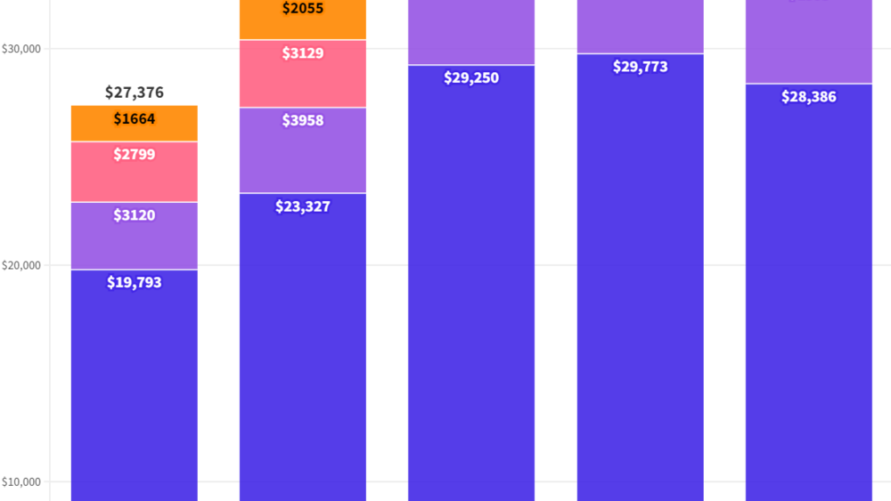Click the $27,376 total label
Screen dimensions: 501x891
(x=135, y=93)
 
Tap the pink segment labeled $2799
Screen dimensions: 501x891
(x=135, y=172)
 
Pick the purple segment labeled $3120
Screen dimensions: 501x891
(x=135, y=235)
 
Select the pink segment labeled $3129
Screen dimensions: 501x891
(x=303, y=74)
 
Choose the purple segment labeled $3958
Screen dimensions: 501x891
(x=303, y=149)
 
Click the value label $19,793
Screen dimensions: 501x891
(x=135, y=283)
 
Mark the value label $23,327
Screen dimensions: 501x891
(x=303, y=207)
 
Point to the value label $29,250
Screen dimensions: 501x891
(x=471, y=78)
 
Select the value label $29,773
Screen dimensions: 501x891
(x=640, y=67)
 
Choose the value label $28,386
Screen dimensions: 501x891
(x=808, y=97)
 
